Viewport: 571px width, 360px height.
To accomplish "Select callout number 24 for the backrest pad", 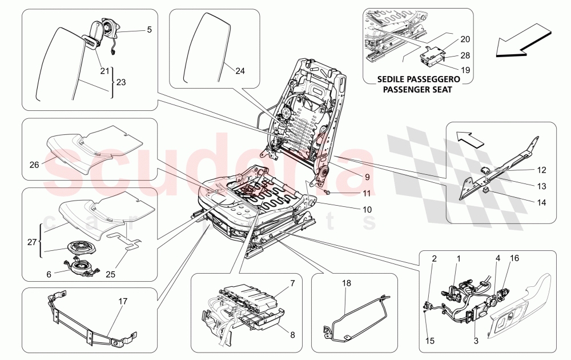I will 239,71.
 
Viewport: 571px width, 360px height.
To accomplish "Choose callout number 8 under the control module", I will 292,335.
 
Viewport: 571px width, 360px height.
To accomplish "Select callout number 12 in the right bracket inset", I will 541,170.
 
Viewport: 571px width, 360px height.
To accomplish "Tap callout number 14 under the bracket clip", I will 541,202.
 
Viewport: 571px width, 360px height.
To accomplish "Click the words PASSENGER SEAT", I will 417,90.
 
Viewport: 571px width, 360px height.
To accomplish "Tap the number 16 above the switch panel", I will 514,258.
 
